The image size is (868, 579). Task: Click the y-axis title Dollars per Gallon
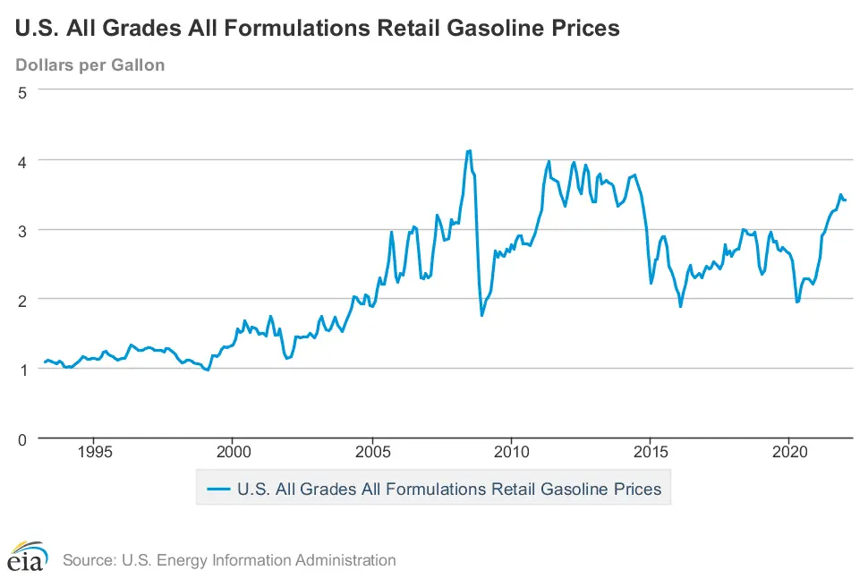point(90,65)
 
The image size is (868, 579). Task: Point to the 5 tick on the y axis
point(24,91)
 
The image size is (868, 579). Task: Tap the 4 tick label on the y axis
point(24,161)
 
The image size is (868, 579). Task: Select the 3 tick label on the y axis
point(24,230)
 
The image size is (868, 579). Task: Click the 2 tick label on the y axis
point(24,299)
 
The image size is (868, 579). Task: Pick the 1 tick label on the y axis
point(24,369)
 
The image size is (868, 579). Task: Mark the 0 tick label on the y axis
point(24,439)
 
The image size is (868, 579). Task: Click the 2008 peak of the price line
point(469,151)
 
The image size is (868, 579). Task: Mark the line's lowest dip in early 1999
point(208,370)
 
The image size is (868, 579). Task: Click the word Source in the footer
point(88,560)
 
